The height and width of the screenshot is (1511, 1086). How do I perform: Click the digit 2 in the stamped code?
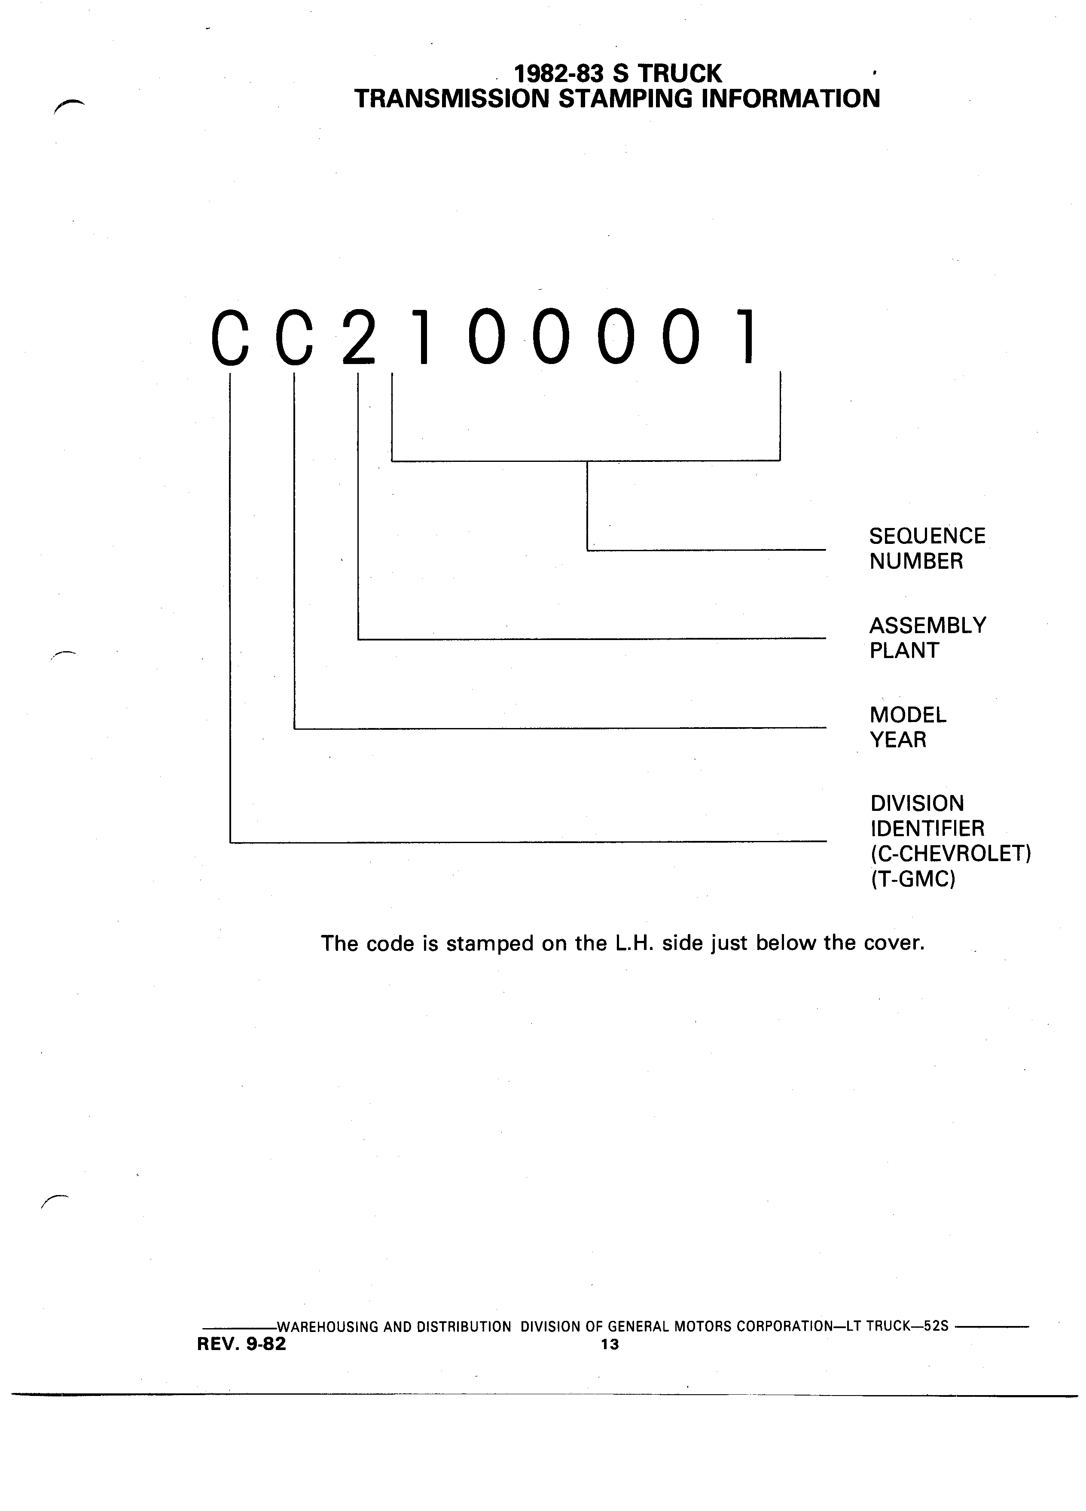[359, 337]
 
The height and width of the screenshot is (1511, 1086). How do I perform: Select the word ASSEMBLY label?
[928, 625]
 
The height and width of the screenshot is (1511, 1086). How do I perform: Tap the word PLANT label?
[904, 650]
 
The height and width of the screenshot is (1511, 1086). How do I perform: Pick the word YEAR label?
[898, 740]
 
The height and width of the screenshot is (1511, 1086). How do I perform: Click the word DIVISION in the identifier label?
[917, 804]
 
